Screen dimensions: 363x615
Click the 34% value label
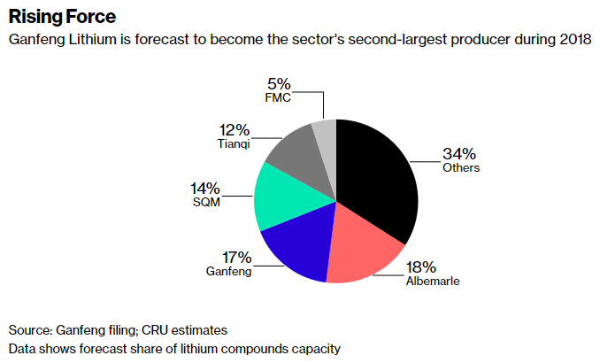pos(458,153)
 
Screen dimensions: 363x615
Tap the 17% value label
pos(236,258)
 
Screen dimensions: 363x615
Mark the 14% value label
pos(204,188)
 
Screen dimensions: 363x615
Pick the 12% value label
pos(234,129)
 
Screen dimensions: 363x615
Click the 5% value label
pos(278,85)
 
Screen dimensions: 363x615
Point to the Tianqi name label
pos(234,143)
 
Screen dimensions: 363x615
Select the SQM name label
pos(206,201)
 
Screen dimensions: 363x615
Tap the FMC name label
pos(279,97)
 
